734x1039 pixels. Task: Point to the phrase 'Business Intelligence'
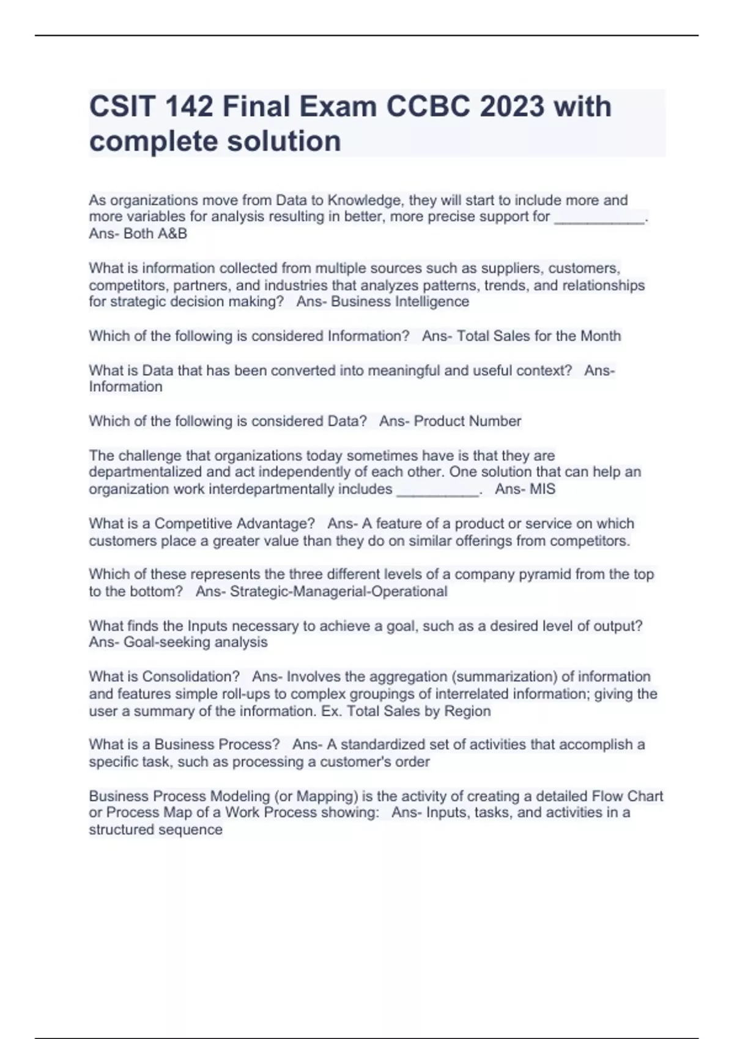pos(400,301)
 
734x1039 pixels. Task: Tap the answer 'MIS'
pos(543,489)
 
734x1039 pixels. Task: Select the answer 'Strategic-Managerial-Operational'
pos(338,592)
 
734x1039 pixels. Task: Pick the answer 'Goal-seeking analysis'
pos(196,642)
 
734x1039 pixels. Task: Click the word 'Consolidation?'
pos(191,677)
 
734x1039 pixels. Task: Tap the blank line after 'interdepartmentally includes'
pos(437,491)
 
